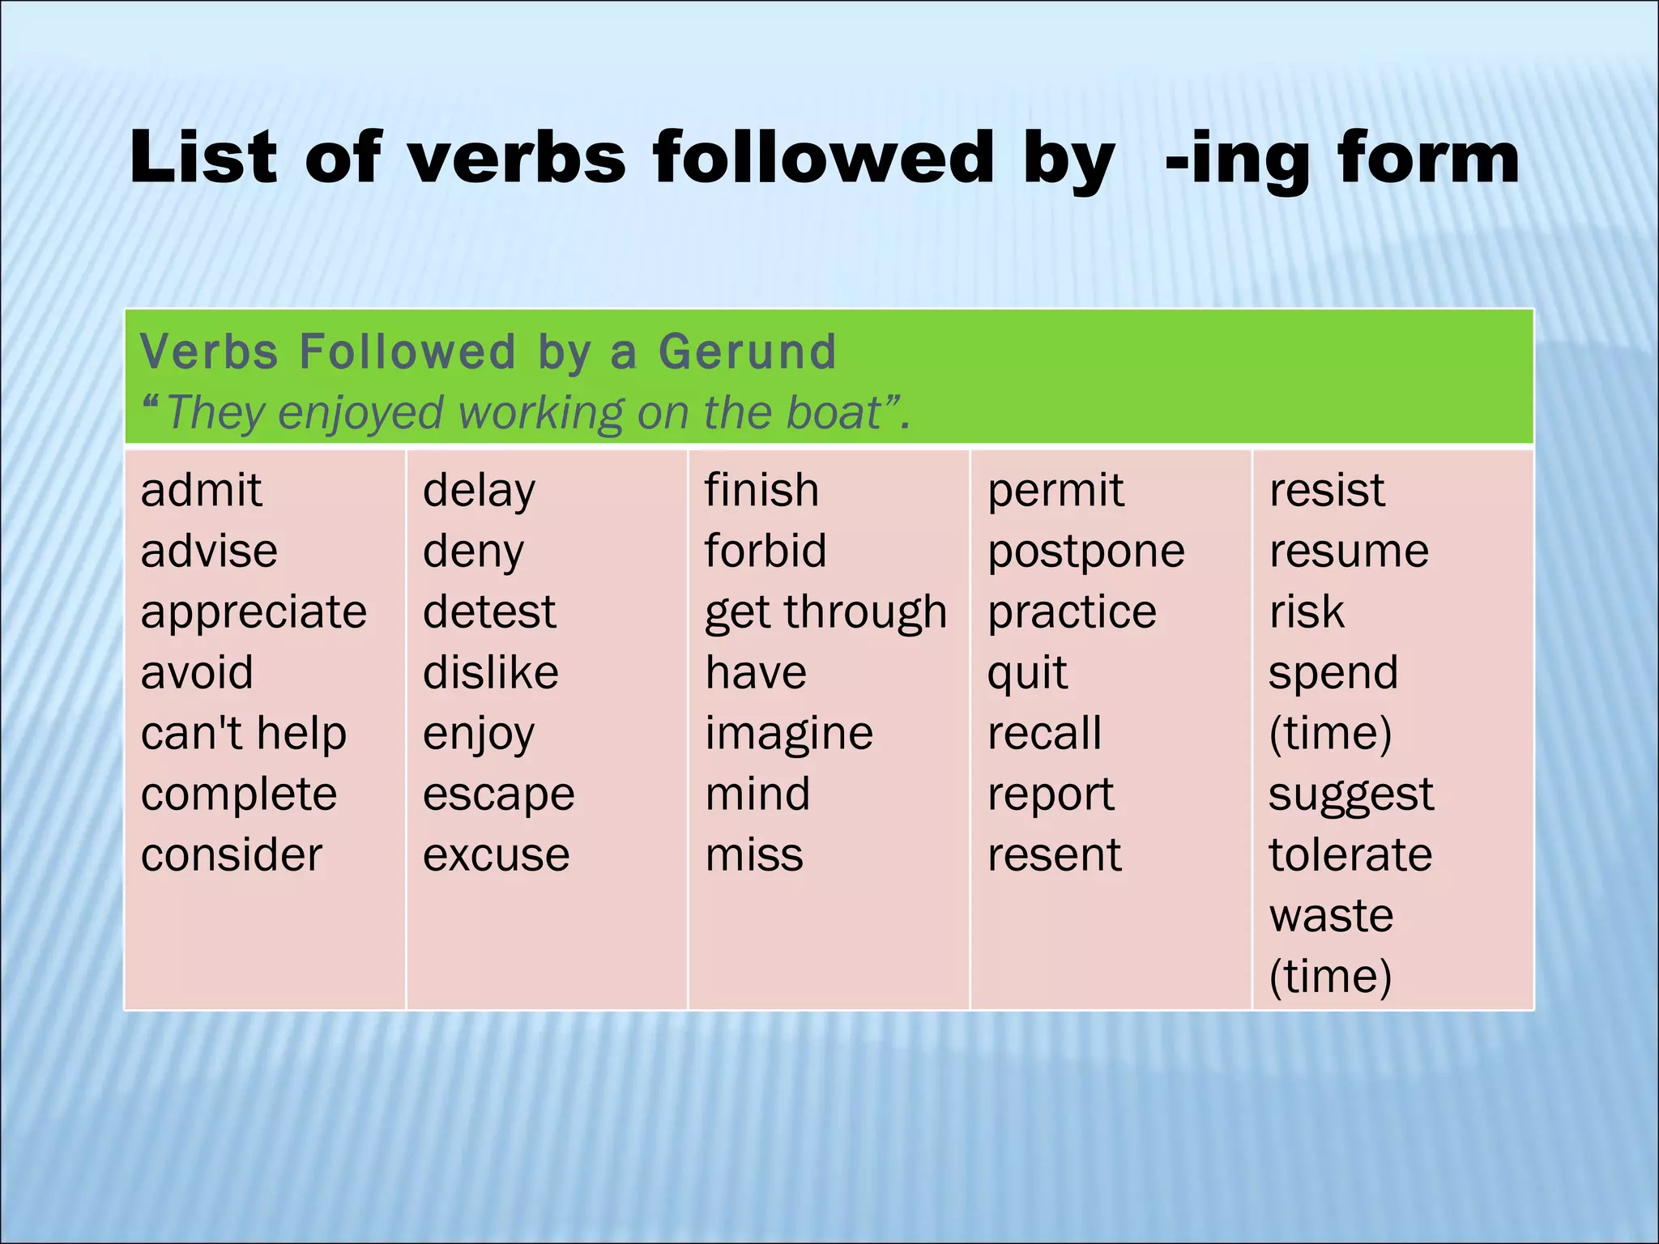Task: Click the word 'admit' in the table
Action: click(x=201, y=491)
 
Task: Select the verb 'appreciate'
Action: click(x=254, y=612)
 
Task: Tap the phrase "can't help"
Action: click(x=243, y=734)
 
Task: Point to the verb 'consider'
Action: click(x=232, y=855)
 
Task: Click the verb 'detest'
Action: click(x=489, y=612)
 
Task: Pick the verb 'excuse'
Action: click(x=496, y=856)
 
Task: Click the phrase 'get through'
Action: click(x=825, y=613)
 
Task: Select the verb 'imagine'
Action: click(x=789, y=735)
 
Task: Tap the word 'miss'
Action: click(x=754, y=856)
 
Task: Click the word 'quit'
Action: click(x=1027, y=674)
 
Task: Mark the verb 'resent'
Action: click(x=1055, y=856)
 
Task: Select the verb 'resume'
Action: click(x=1349, y=552)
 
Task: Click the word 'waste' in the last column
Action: click(x=1331, y=917)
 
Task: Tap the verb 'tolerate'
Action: click(x=1350, y=856)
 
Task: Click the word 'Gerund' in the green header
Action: click(x=747, y=353)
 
